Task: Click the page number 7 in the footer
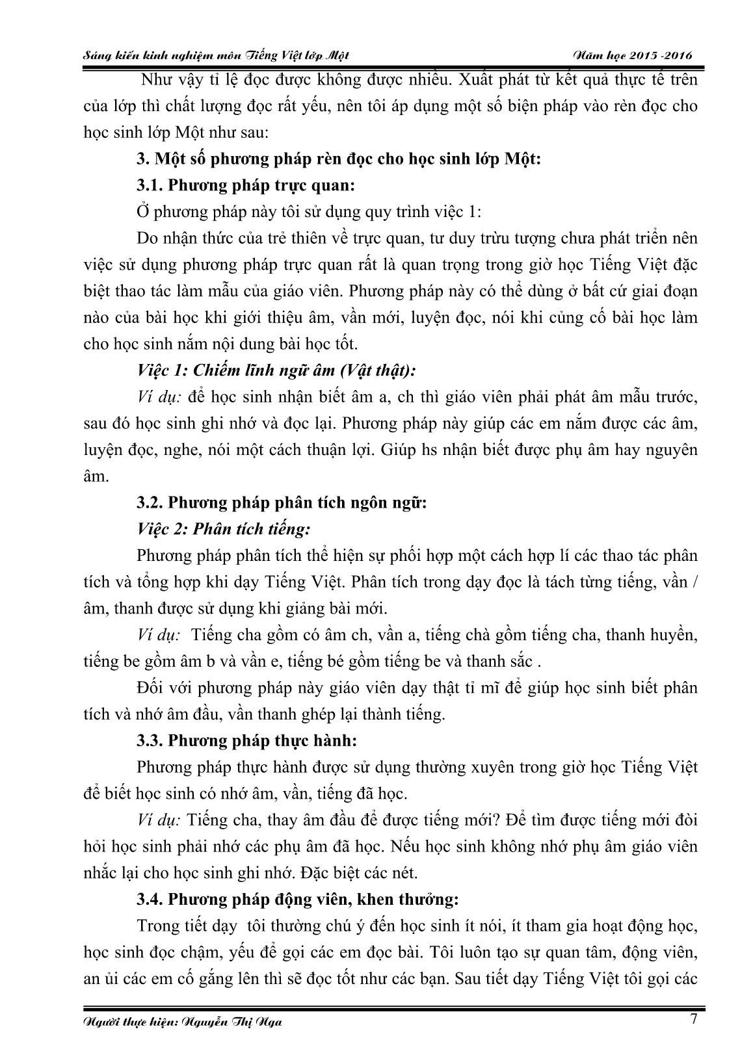(693, 1019)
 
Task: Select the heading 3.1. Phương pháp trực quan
(245, 185)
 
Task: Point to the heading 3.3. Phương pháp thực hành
(247, 740)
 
